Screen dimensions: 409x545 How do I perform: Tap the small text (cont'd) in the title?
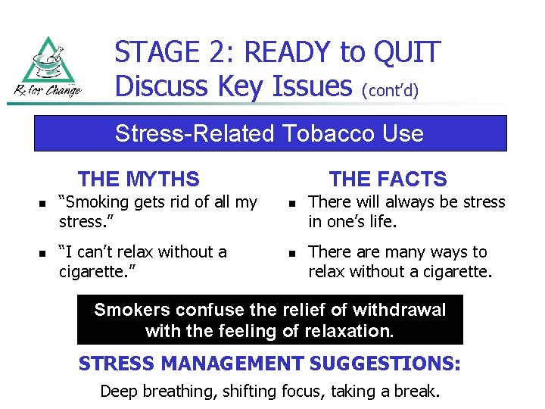[x=391, y=90]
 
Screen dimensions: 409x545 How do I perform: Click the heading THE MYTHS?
[x=139, y=180]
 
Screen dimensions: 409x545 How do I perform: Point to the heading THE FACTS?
[x=388, y=180]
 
